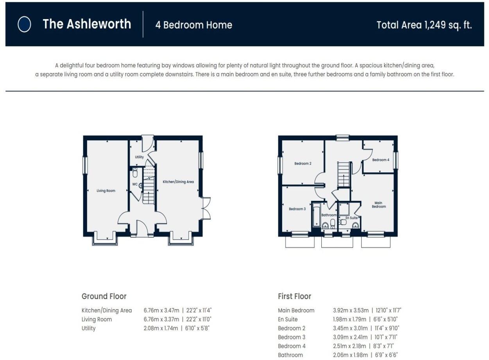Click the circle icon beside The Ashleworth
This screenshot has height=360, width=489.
point(24,25)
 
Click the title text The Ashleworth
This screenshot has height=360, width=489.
point(87,24)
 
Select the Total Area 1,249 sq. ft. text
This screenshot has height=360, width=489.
point(424,25)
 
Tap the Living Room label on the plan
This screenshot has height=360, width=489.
point(106,191)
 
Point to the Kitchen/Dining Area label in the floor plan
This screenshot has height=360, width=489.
point(178,182)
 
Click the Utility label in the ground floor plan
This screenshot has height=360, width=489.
point(140,157)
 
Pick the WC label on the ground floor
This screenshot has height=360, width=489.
point(134,184)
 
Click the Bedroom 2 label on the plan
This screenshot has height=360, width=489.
point(303,163)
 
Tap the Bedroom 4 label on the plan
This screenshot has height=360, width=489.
point(380,160)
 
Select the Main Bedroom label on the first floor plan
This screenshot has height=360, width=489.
point(378,205)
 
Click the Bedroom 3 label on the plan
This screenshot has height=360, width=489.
point(297,209)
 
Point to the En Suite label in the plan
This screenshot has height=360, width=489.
point(351,218)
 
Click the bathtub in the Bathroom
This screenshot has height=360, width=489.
point(316,215)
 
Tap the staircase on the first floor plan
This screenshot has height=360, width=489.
point(343,175)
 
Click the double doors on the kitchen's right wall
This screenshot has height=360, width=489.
point(206,208)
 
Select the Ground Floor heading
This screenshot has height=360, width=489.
point(104,296)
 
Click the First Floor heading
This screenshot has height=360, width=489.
point(294,296)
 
